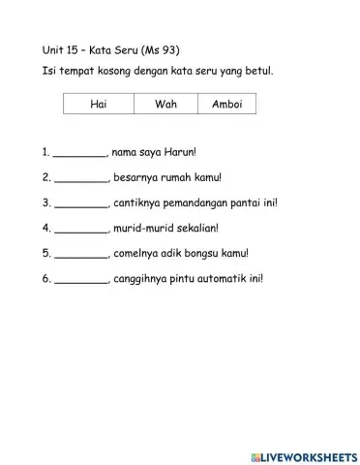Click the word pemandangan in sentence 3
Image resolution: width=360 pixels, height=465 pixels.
197,203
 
